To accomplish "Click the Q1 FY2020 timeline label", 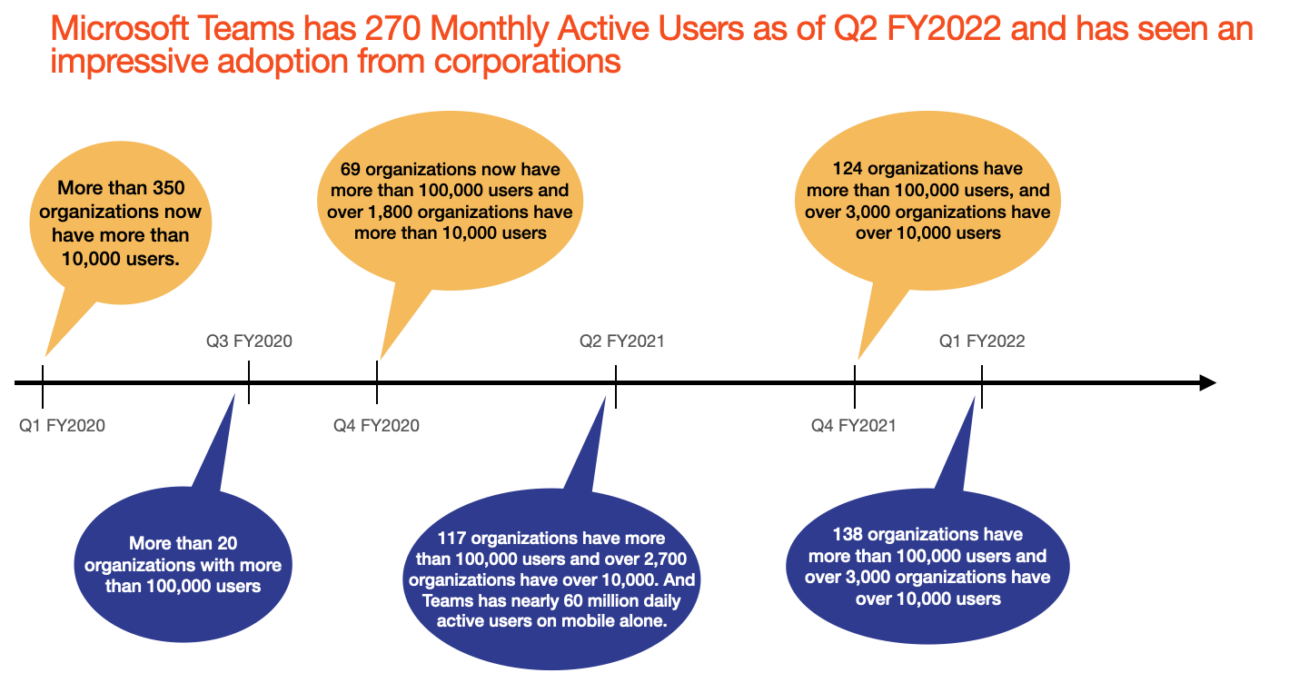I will click(x=62, y=425).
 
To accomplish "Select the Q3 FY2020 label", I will click(x=249, y=341).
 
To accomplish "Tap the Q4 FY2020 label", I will click(x=376, y=425).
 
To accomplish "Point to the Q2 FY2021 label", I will click(x=622, y=341).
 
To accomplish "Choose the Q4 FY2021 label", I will click(x=854, y=425).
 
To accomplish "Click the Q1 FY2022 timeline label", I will click(x=982, y=341).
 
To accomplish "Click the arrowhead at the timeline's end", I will click(x=1207, y=382).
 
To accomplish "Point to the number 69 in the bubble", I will click(x=351, y=170).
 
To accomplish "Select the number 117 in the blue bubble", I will click(x=452, y=539).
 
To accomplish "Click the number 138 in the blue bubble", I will click(x=848, y=534).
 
